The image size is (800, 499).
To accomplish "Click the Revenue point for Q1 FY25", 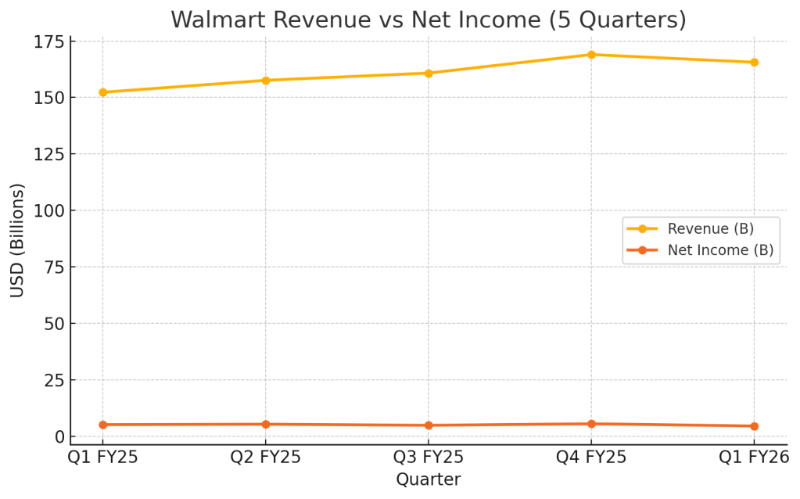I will pyautogui.click(x=102, y=92).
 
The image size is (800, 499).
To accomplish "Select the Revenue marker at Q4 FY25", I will pyautogui.click(x=591, y=55).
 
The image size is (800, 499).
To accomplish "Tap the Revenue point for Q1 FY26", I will pyautogui.click(x=754, y=62).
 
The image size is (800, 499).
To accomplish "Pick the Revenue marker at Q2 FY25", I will pyautogui.click(x=265, y=81).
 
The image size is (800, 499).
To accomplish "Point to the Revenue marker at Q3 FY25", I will pyautogui.click(x=429, y=74).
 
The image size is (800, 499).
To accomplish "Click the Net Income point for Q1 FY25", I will pyautogui.click(x=102, y=425).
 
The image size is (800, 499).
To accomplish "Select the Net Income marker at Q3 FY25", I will pyautogui.click(x=429, y=425).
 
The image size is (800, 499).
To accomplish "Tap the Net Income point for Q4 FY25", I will pyautogui.click(x=591, y=424).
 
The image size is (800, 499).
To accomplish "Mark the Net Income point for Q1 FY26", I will pyautogui.click(x=754, y=426).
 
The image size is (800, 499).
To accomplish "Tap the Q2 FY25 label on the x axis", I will pyautogui.click(x=265, y=458).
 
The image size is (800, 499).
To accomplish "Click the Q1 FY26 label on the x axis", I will pyautogui.click(x=754, y=458).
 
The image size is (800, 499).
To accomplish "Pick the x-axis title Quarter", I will pyautogui.click(x=428, y=479).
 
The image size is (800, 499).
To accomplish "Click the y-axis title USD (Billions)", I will pyautogui.click(x=17, y=240).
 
